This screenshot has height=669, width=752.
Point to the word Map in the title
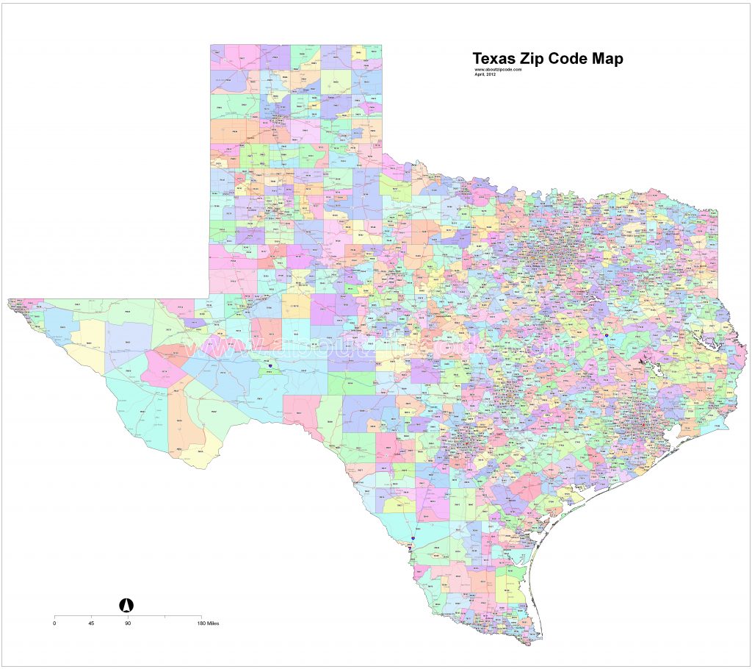tap(610, 59)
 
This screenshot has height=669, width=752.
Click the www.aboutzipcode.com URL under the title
tap(498, 70)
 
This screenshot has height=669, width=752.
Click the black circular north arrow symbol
tap(126, 604)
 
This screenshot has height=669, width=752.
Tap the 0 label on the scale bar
tap(54, 623)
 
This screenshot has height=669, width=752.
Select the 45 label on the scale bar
tap(91, 623)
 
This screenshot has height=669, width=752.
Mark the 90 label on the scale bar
tap(128, 623)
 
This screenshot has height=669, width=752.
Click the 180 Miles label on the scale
tap(207, 623)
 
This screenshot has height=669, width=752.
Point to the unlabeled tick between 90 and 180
tap(164, 615)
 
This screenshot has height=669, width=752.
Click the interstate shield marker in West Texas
tap(270, 365)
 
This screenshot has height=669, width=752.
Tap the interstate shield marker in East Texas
tap(607, 335)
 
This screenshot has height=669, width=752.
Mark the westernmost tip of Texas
tap(8, 300)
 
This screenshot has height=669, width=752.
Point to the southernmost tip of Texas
tap(524, 645)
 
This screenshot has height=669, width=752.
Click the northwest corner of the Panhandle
tap(210, 46)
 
